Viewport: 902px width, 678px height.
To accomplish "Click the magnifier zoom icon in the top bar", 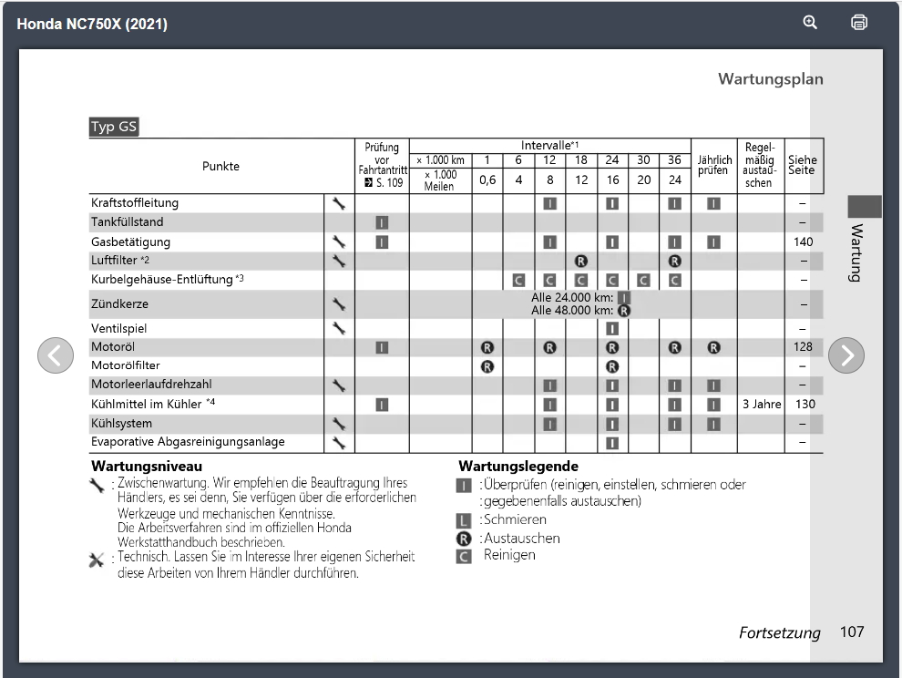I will point(810,23).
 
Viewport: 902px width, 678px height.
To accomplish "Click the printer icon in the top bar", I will point(858,23).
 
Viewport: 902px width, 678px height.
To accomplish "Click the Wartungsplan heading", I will point(770,79).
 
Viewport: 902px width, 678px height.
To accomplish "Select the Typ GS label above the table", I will point(114,128).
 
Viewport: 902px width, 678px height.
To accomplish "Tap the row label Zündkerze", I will point(119,303).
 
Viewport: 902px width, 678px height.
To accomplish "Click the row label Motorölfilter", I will point(126,365).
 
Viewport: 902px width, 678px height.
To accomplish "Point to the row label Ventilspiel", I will point(119,328).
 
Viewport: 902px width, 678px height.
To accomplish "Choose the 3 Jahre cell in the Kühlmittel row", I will point(761,404).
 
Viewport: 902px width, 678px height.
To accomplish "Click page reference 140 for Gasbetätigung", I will point(804,241).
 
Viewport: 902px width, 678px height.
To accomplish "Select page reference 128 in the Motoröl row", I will point(804,347).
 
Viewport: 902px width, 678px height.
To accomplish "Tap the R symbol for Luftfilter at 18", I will point(581,261).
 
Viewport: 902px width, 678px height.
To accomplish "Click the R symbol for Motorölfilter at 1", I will point(487,366).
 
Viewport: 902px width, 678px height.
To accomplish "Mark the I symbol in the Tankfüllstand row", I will point(382,222).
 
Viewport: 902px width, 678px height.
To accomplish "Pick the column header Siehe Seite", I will point(803,166).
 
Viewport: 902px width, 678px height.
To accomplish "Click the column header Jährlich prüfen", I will point(714,166).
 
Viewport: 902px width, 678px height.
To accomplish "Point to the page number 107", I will point(852,632).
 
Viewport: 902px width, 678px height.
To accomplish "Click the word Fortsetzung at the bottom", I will point(779,633).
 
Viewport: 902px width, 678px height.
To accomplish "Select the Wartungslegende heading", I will point(518,467).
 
